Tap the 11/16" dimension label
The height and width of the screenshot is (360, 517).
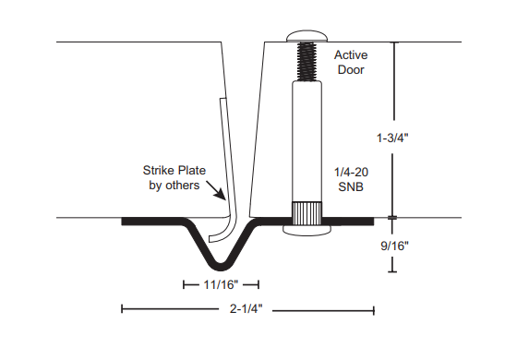pos(221,285)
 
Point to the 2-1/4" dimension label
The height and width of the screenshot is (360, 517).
pos(248,310)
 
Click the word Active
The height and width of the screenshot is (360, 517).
pos(350,54)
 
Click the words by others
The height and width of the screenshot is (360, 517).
pos(175,186)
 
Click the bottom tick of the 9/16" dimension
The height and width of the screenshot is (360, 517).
pos(392,271)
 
